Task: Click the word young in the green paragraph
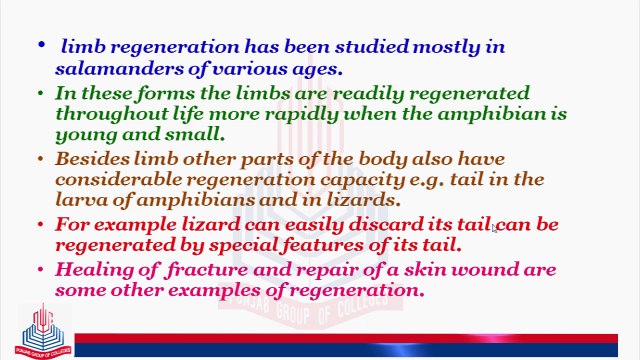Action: pos(83,134)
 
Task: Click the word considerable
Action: pos(116,179)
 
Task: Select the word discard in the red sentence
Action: pos(384,224)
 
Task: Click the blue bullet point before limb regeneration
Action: pos(41,46)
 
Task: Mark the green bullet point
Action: pos(41,93)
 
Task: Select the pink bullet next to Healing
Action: pos(41,270)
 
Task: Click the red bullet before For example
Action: pos(41,224)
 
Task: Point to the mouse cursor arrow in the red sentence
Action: pos(495,228)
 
